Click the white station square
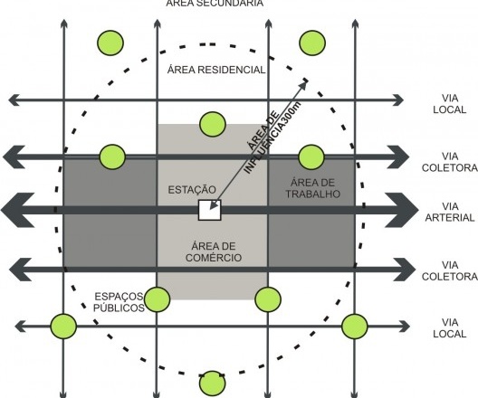click(209, 210)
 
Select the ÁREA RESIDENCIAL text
click(216, 70)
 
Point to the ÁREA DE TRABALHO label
click(312, 188)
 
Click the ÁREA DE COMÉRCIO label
click(214, 251)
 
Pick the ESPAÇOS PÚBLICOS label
click(119, 302)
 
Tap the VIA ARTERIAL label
click(450, 212)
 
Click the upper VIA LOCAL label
click(450, 104)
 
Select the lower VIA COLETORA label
click(450, 270)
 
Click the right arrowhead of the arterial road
click(401, 210)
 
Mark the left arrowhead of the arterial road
click(18, 210)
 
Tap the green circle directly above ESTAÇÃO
click(213, 124)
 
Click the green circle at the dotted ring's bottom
click(213, 383)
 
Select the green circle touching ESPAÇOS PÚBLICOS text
click(157, 299)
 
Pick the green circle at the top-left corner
click(110, 43)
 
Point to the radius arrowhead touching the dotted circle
click(302, 85)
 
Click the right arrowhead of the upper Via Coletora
click(398, 156)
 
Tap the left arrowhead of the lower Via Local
click(20, 327)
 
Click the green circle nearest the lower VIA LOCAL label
click(355, 327)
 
